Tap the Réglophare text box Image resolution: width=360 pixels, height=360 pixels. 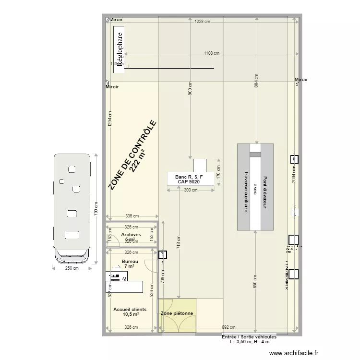coord(119,48)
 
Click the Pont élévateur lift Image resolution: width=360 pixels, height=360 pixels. coord(255,187)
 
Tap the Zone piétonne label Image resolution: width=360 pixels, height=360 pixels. coord(177,314)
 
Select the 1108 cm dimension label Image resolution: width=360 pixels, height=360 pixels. coord(212,53)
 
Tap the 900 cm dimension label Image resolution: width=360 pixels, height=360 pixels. coord(190,91)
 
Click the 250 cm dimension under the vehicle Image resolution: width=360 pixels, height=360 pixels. coord(72,268)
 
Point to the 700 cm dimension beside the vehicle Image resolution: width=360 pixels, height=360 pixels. coord(96,209)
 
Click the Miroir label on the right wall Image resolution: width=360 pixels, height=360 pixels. coord(301,80)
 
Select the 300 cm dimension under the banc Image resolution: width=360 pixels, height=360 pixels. coord(191,190)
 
